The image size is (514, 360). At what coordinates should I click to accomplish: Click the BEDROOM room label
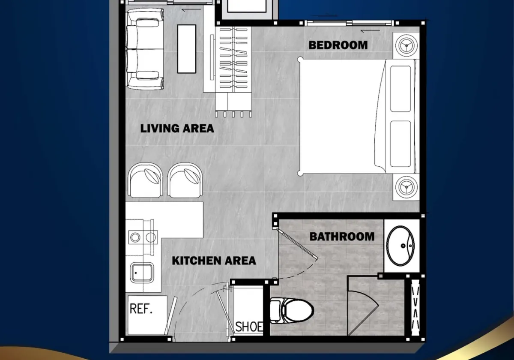pyautogui.click(x=338, y=45)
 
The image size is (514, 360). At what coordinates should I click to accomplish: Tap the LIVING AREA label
pyautogui.click(x=177, y=128)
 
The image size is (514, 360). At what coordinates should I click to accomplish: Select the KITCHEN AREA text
pyautogui.click(x=214, y=261)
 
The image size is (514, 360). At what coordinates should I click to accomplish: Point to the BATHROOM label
pyautogui.click(x=342, y=237)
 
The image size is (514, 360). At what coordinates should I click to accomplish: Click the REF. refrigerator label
pyautogui.click(x=141, y=309)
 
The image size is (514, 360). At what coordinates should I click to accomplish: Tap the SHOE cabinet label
pyautogui.click(x=249, y=327)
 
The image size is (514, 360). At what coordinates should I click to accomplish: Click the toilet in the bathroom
pyautogui.click(x=292, y=311)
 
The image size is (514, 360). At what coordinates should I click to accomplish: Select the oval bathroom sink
pyautogui.click(x=400, y=246)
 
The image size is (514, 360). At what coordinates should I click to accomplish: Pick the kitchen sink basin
pyautogui.click(x=142, y=273)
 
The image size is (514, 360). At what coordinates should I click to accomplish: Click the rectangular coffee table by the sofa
pyautogui.click(x=187, y=49)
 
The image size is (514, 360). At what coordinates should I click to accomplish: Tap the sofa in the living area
pyautogui.click(x=145, y=49)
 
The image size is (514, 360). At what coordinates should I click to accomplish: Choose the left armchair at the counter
pyautogui.click(x=146, y=180)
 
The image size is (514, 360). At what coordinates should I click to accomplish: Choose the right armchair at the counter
pyautogui.click(x=185, y=180)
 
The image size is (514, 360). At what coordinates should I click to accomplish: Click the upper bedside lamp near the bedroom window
pyautogui.click(x=406, y=45)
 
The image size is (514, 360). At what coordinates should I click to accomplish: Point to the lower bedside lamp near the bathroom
pyautogui.click(x=406, y=187)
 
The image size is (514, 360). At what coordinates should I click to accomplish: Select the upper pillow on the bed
pyautogui.click(x=400, y=89)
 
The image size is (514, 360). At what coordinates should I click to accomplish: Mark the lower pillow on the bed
pyautogui.click(x=400, y=144)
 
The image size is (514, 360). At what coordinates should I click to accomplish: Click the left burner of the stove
pyautogui.click(x=135, y=237)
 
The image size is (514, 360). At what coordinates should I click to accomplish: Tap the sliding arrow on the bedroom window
pyautogui.click(x=370, y=31)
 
